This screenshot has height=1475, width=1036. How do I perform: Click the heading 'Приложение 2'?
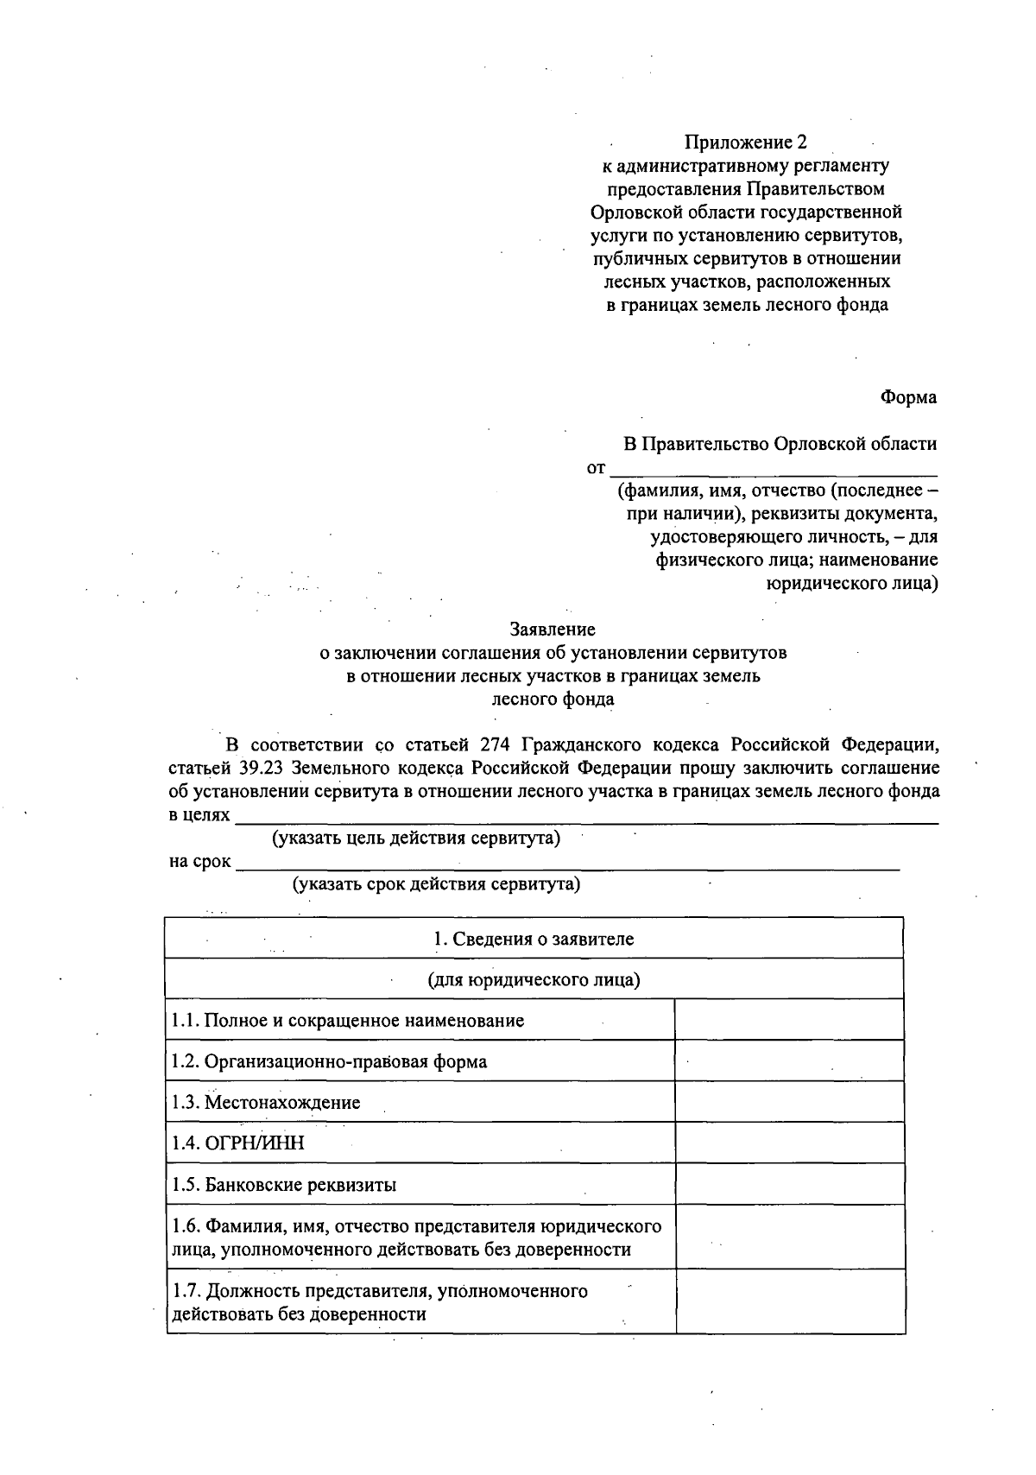coord(746,142)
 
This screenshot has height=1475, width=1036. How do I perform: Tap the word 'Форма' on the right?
coord(908,397)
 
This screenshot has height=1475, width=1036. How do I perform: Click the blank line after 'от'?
coord(773,470)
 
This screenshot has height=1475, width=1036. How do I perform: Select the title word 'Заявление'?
coord(553,630)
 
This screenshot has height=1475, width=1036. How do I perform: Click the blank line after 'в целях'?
coord(587,817)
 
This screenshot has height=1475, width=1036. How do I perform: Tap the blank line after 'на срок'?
coord(567,863)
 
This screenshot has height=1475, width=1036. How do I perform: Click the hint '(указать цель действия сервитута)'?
coord(416,838)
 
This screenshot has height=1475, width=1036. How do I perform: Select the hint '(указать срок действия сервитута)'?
coord(436,883)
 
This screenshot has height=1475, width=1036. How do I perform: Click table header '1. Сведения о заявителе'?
coord(534,939)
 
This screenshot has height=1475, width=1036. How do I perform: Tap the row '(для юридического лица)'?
coord(534,980)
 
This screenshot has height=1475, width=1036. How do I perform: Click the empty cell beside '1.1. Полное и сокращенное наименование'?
coord(789,1020)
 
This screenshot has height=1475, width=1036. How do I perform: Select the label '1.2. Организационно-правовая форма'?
coord(329,1061)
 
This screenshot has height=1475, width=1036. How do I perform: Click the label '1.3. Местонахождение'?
coord(266,1103)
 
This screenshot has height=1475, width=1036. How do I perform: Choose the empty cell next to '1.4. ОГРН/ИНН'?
coord(789,1143)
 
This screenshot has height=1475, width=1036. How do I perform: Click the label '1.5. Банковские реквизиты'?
coord(284,1185)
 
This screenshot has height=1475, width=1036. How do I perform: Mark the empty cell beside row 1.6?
coord(789,1237)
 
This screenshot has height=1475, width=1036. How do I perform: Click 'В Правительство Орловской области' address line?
coord(780,444)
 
